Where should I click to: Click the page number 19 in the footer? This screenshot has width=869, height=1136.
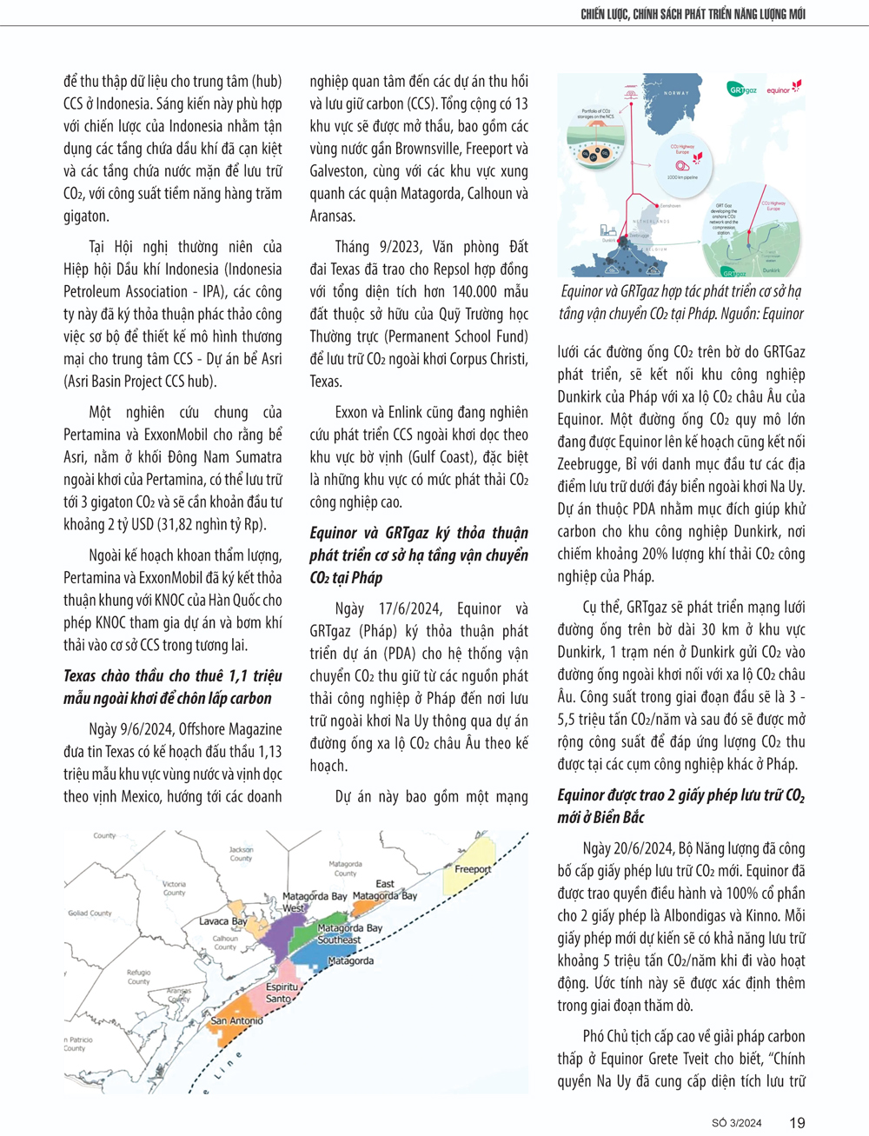click(797, 1122)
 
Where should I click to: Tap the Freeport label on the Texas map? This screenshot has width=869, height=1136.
click(473, 868)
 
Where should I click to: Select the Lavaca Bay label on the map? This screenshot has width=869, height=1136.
click(222, 920)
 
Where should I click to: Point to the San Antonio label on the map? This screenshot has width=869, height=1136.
click(236, 1020)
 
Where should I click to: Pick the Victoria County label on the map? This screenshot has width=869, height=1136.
click(174, 887)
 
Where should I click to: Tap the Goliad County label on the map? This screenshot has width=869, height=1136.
click(90, 913)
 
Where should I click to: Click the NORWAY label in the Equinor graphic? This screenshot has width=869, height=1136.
click(676, 93)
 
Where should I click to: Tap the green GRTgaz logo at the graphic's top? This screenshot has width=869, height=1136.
click(742, 89)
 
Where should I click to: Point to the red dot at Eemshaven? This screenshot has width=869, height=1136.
click(656, 206)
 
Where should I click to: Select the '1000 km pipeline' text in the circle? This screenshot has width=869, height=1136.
click(682, 177)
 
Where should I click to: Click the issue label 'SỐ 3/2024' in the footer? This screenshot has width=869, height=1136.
click(736, 1123)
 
